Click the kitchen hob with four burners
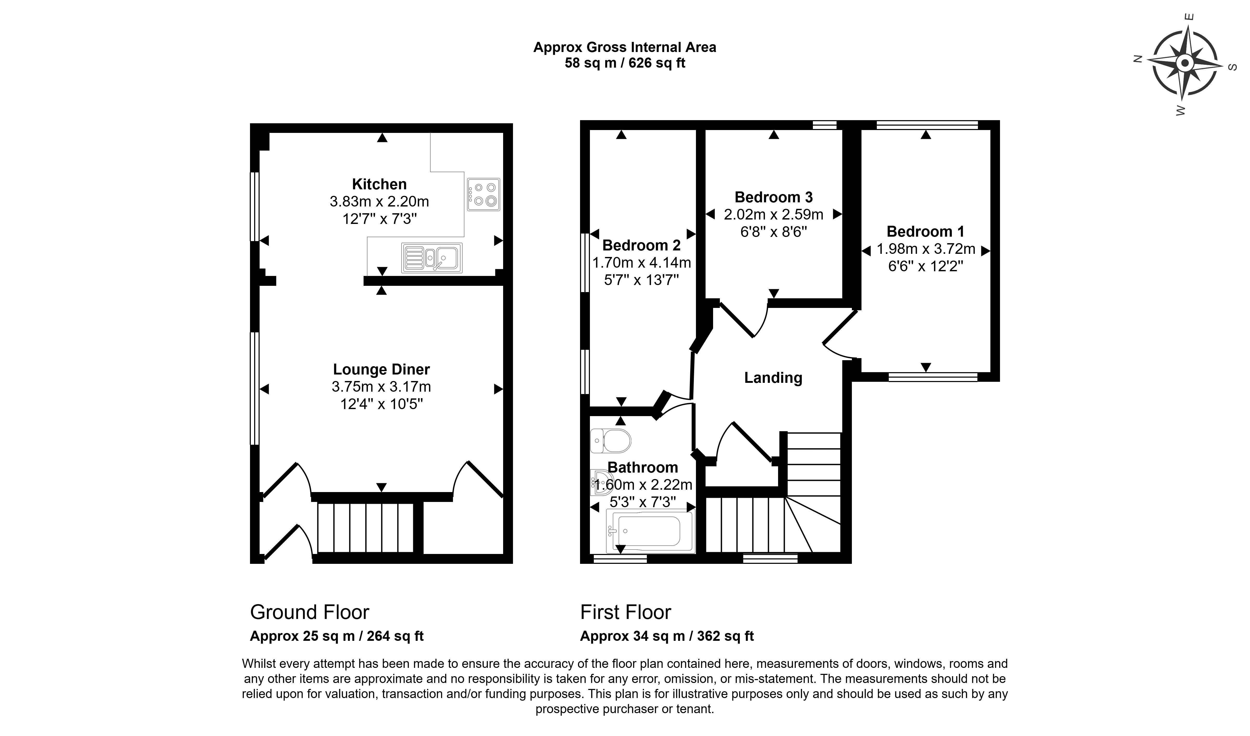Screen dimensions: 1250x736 coord(483,195)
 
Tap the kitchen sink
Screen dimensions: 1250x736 coord(432,257)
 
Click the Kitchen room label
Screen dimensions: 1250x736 coord(379,184)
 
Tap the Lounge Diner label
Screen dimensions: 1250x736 coord(381,369)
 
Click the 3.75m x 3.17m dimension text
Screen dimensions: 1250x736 coord(381,386)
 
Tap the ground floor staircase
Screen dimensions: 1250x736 coord(366,528)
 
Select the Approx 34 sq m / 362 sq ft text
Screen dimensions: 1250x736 coord(667,636)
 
